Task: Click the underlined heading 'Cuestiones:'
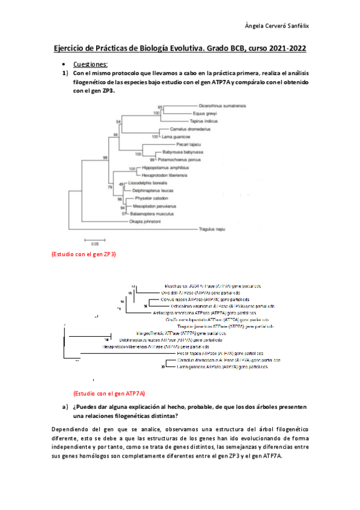click(x=90, y=64)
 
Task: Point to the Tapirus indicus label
click(x=203, y=121)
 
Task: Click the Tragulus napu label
click(x=216, y=229)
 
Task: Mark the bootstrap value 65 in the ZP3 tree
click(x=160, y=107)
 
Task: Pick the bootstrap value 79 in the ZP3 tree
click(x=109, y=187)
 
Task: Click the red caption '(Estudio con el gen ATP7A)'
click(x=109, y=393)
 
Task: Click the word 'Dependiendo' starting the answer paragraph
click(x=70, y=432)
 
